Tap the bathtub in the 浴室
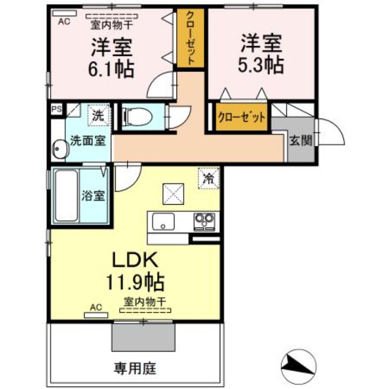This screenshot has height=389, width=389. pyautogui.click(x=66, y=195)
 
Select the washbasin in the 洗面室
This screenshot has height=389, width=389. pyautogui.click(x=59, y=149)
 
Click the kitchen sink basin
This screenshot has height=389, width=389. pyautogui.click(x=163, y=222)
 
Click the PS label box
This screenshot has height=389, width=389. pyautogui.click(x=56, y=109)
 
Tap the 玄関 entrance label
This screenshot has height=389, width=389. pyautogui.click(x=301, y=141)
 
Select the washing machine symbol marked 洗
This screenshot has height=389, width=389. pyautogui.click(x=99, y=116)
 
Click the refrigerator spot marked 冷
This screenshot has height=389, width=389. pyautogui.click(x=209, y=178)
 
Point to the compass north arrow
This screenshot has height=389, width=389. pyautogui.click(x=299, y=367)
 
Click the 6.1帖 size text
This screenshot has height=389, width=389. pyautogui.click(x=111, y=68)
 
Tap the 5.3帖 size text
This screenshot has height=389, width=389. pyautogui.click(x=261, y=65)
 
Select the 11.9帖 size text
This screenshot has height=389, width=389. pyautogui.click(x=135, y=282)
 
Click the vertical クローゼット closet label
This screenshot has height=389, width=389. pyautogui.click(x=190, y=38)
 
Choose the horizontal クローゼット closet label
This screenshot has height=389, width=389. pyautogui.click(x=242, y=117)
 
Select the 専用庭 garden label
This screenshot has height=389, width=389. pyautogui.click(x=135, y=369)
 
